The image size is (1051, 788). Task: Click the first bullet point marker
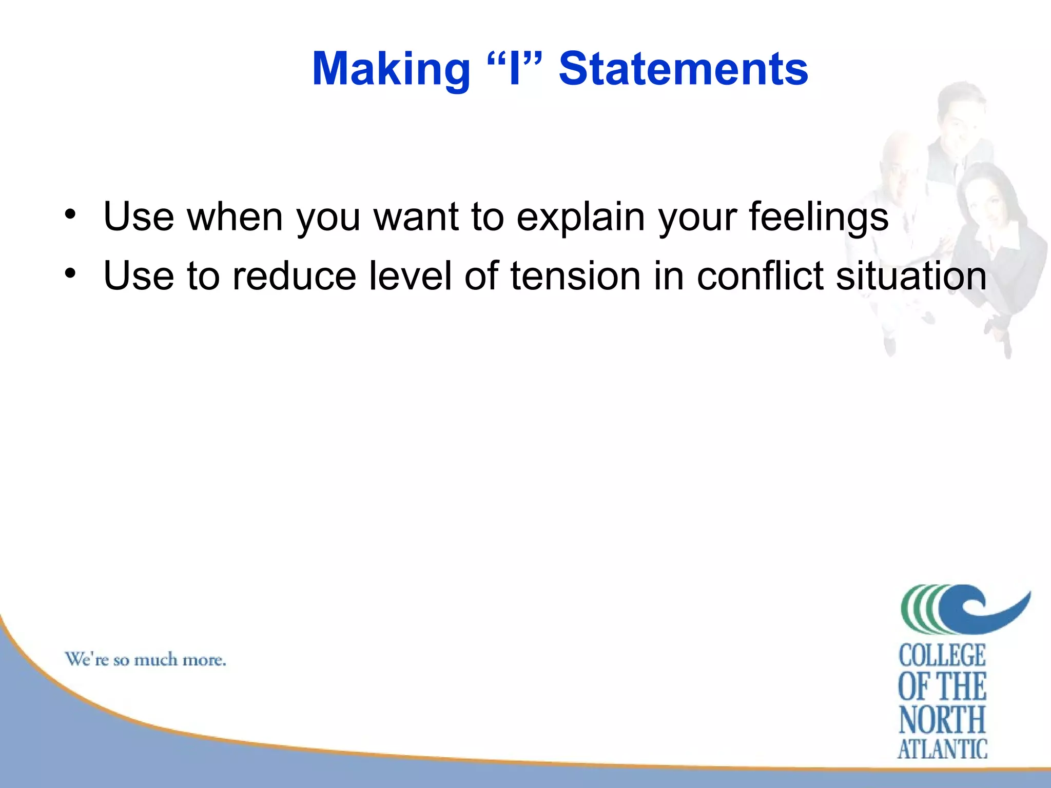coord(70,214)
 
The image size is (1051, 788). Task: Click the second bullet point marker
coord(70,273)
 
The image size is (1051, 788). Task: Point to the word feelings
coord(819,217)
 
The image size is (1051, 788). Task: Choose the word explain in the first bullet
coord(580,217)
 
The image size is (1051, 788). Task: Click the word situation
coord(910,276)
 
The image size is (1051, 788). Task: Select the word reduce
coord(294,276)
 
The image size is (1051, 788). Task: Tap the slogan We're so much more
coord(145,660)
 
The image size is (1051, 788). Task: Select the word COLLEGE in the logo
coord(942,656)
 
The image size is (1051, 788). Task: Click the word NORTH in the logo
coord(942,720)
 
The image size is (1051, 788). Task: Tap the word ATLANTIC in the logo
coord(942,749)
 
